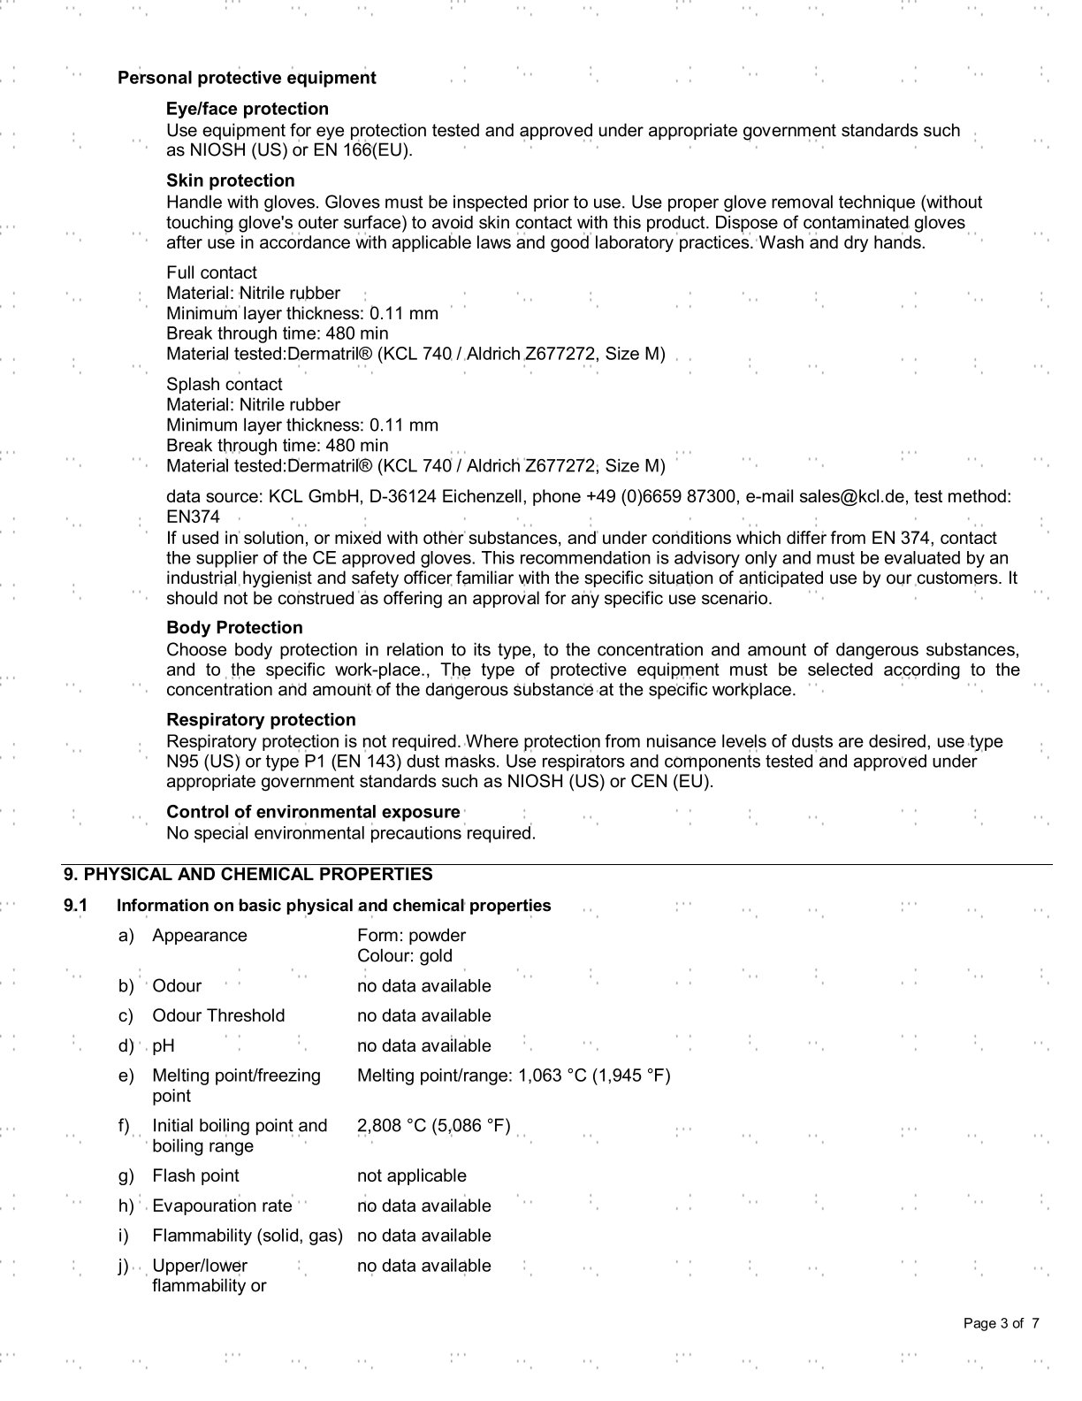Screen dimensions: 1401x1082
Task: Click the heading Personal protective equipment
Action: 247,78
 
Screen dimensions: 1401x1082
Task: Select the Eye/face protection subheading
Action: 247,109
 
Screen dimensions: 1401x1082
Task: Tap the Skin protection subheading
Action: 230,180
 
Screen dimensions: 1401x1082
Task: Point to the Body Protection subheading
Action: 234,627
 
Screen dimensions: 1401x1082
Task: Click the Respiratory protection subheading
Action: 261,719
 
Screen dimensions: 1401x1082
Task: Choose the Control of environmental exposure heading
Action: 313,811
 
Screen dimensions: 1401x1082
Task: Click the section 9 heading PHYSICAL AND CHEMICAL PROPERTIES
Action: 248,874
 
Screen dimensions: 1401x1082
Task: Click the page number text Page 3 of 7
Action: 1001,1323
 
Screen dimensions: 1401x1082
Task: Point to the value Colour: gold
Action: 405,955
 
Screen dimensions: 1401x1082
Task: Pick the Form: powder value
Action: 411,935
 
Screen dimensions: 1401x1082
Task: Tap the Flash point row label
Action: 195,1175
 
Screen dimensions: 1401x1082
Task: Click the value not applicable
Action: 411,1175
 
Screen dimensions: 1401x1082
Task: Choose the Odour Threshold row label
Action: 218,1015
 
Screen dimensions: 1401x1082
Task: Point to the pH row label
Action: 164,1045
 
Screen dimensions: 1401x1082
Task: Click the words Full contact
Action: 211,272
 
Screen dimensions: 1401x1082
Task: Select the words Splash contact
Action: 224,384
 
